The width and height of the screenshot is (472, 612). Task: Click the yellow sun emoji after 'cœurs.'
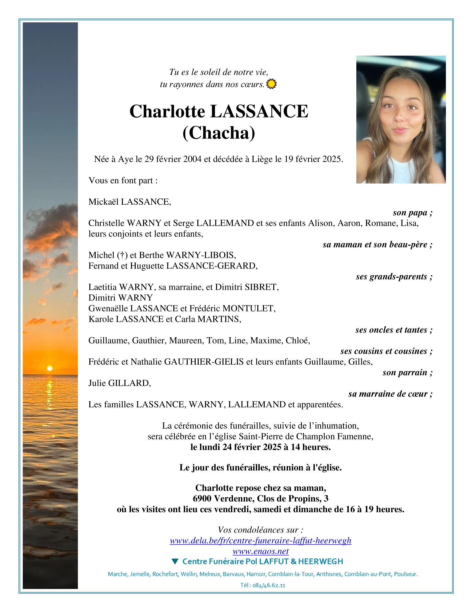click(x=272, y=84)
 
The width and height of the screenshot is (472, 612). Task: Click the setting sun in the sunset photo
click(x=50, y=368)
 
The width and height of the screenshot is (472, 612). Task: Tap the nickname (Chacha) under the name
click(x=219, y=133)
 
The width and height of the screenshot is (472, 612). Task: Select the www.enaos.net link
click(x=260, y=551)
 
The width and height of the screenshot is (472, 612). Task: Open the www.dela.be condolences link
click(x=260, y=541)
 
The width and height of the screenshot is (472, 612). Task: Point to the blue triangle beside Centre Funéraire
click(x=175, y=561)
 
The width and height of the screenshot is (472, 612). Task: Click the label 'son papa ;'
click(x=412, y=213)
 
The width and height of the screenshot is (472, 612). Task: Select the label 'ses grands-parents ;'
click(x=394, y=276)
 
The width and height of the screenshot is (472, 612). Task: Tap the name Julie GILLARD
click(x=120, y=383)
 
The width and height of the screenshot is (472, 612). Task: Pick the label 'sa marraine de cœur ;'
click(x=390, y=394)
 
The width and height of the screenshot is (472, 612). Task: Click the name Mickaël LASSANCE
click(x=130, y=202)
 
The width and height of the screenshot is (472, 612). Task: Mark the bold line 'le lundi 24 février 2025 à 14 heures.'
click(x=260, y=447)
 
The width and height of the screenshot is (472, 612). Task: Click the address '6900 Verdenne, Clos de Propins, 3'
click(x=260, y=498)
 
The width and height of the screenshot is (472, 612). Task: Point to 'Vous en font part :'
click(x=123, y=180)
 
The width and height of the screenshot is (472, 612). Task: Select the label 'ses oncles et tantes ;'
click(x=394, y=330)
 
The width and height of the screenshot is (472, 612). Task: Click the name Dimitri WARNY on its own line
click(x=120, y=298)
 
